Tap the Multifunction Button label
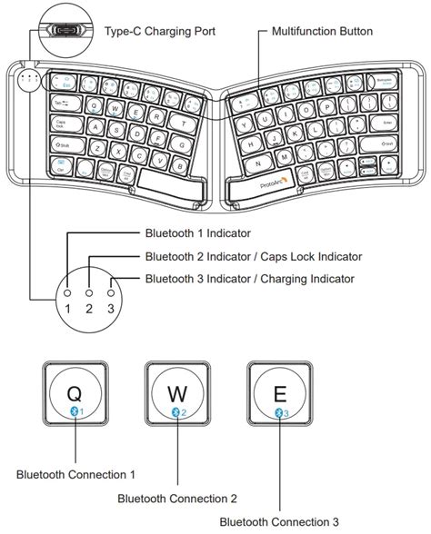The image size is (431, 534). (322, 31)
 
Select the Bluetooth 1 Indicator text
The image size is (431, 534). (198, 232)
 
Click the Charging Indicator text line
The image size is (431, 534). (249, 279)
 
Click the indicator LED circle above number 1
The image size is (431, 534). (68, 294)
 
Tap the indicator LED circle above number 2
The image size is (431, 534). (89, 294)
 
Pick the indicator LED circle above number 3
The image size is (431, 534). (111, 294)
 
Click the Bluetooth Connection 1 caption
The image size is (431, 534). (75, 474)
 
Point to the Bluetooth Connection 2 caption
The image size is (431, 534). (177, 498)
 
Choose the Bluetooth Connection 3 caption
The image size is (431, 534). (279, 520)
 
